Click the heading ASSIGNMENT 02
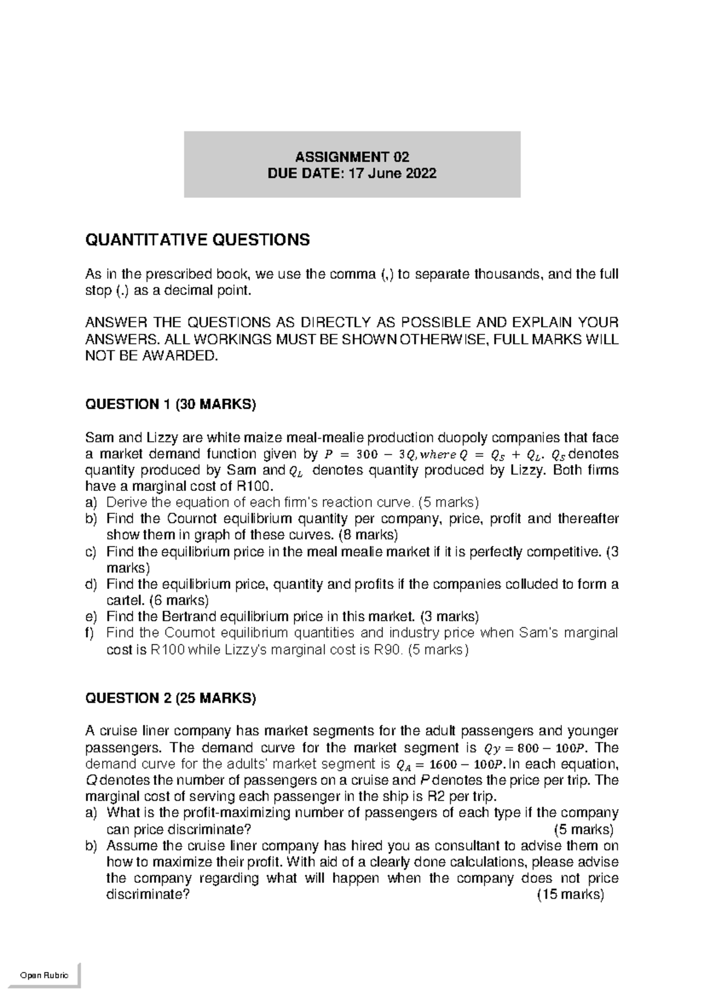pyautogui.click(x=352, y=157)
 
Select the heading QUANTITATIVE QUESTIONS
pyautogui.click(x=197, y=240)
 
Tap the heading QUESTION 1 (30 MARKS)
pyautogui.click(x=171, y=404)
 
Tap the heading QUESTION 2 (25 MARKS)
pyautogui.click(x=171, y=698)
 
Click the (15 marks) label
pyautogui.click(x=570, y=895)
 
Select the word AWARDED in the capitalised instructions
pyautogui.click(x=184, y=355)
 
